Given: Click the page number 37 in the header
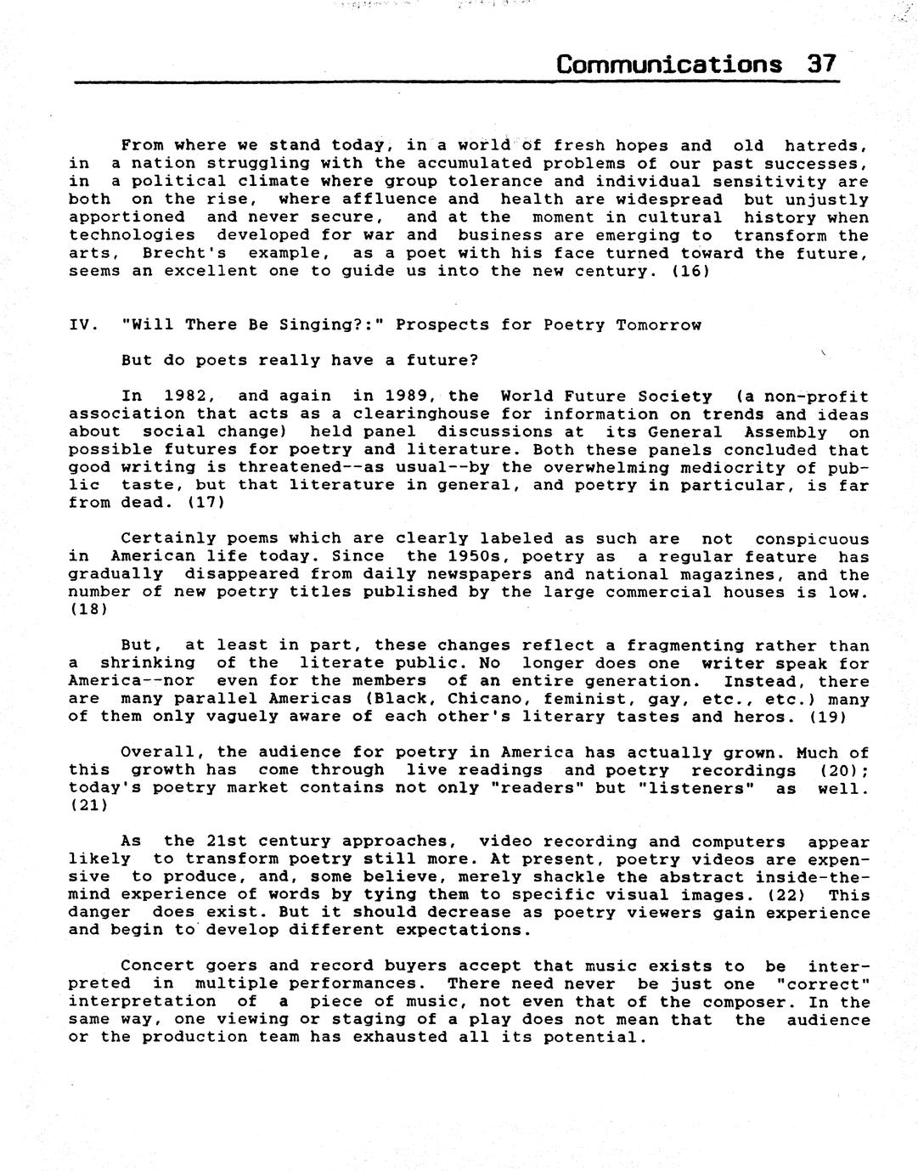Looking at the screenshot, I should click(821, 65).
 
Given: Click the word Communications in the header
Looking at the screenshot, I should click(669, 65).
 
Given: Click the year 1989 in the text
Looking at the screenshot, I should click(412, 397).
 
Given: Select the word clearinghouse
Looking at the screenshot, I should click(363, 414).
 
